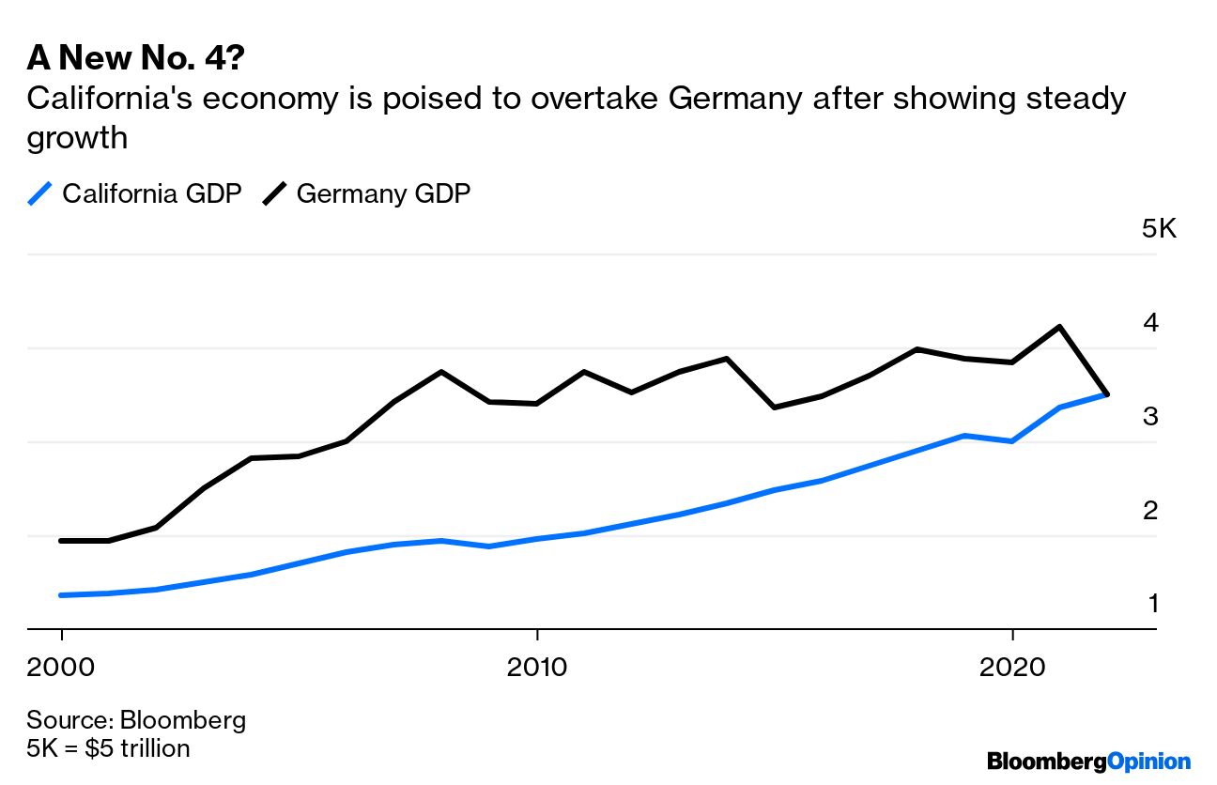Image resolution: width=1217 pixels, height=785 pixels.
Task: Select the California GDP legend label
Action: [152, 193]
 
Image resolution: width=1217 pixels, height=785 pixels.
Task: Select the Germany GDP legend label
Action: [383, 193]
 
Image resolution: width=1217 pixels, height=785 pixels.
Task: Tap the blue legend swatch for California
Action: [39, 193]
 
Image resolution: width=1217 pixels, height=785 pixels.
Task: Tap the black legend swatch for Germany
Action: [274, 193]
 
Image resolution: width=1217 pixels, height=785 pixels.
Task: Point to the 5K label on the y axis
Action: [1159, 229]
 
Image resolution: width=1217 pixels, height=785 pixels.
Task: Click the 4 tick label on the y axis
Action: [1150, 323]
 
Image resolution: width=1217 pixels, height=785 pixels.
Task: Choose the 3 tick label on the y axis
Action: [1150, 417]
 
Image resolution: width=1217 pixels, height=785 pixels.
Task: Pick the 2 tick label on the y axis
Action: [1150, 511]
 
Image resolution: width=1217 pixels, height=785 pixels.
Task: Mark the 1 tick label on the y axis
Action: [1152, 603]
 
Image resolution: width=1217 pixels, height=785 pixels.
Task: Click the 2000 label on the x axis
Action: [61, 667]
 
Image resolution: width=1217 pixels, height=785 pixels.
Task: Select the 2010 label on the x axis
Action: [536, 667]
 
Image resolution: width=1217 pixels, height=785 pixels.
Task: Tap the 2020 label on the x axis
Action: [1011, 667]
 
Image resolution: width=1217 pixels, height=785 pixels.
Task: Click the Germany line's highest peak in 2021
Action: [1060, 327]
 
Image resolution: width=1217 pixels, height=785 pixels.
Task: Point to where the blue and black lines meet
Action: [1107, 394]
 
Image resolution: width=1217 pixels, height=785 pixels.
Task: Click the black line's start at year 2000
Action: [61, 541]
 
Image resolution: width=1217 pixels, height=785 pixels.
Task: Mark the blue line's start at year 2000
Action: [61, 595]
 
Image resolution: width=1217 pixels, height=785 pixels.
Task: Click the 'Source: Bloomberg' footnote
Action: [136, 720]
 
